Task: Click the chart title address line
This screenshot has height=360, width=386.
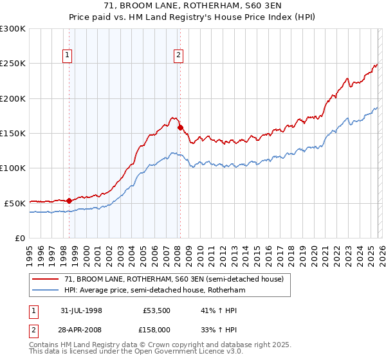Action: pyautogui.click(x=192, y=6)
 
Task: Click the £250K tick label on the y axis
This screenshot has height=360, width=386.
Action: pyautogui.click(x=13, y=64)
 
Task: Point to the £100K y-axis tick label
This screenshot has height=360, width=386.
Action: pyautogui.click(x=13, y=168)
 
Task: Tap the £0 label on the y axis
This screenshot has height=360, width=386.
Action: pyautogui.click(x=19, y=238)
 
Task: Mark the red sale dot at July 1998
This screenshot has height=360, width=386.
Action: pyautogui.click(x=69, y=201)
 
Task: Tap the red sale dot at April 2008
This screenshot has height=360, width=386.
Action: pyautogui.click(x=180, y=127)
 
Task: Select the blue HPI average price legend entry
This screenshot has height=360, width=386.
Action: pyautogui.click(x=154, y=290)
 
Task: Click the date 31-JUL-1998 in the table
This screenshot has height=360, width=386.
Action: pyautogui.click(x=82, y=310)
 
